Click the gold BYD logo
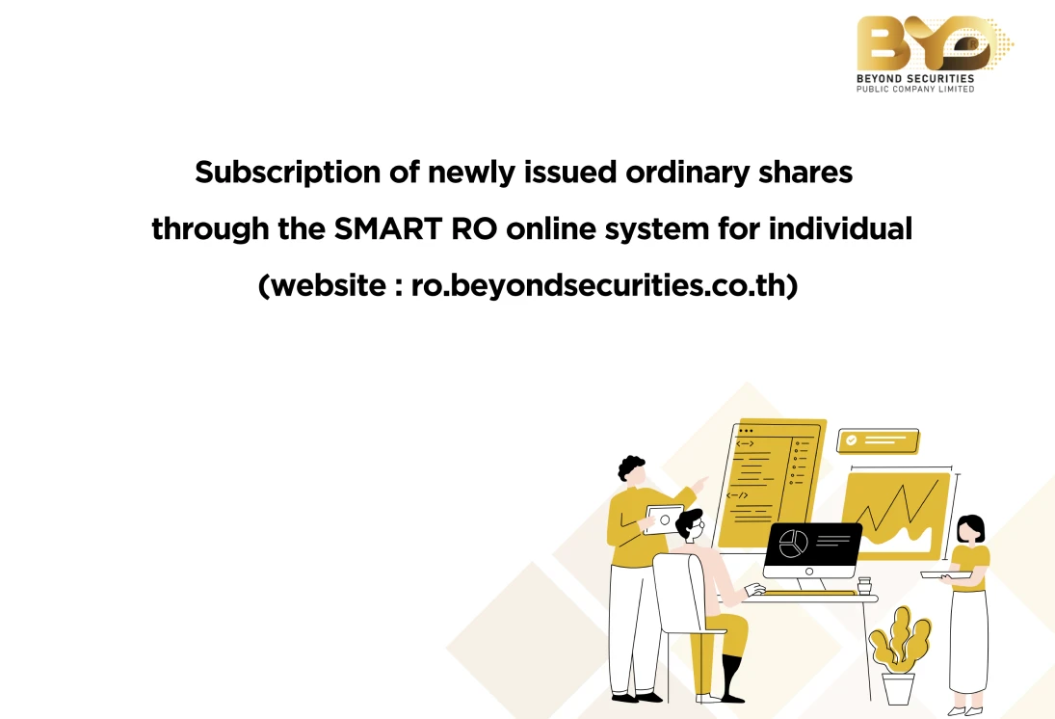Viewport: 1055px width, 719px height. click(934, 43)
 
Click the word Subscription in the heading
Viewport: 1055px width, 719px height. click(287, 173)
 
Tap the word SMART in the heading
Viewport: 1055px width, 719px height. click(387, 228)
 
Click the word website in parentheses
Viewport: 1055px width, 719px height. click(329, 284)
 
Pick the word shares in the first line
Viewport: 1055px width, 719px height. click(805, 173)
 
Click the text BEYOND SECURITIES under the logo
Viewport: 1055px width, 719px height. click(915, 79)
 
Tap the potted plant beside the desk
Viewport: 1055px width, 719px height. click(899, 654)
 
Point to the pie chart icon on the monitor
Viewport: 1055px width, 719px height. click(793, 544)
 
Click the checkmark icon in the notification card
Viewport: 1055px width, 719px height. click(851, 440)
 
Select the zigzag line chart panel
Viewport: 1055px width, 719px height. click(897, 515)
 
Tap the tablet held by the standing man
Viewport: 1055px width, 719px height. click(663, 519)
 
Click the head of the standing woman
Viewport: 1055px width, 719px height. click(969, 528)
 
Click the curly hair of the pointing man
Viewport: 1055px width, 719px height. click(630, 466)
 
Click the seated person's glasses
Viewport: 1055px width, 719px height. click(699, 525)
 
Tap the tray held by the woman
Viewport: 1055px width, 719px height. click(945, 574)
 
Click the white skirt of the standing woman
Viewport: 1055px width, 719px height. click(969, 640)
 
